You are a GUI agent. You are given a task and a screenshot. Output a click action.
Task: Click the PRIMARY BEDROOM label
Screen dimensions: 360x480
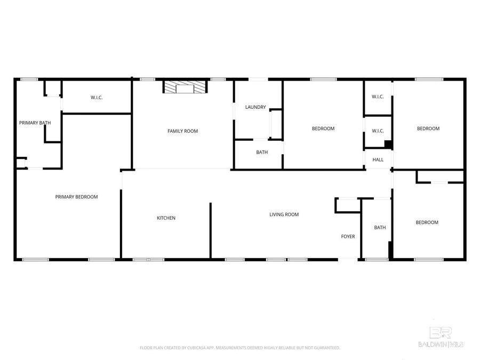click(x=76, y=197)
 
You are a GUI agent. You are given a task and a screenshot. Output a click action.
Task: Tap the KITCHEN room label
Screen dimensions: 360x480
click(x=166, y=218)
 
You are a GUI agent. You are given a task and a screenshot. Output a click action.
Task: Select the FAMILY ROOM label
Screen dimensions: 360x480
click(x=182, y=131)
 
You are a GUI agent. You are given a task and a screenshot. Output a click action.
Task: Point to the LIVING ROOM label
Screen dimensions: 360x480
click(x=284, y=214)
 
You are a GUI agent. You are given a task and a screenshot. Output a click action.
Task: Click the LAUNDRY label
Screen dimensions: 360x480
click(x=255, y=107)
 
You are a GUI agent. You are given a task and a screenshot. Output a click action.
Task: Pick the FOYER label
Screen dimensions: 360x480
click(x=348, y=236)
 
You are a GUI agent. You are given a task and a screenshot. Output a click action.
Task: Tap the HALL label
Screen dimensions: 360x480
click(x=378, y=159)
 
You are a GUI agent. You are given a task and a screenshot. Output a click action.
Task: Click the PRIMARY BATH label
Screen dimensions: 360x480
click(x=35, y=123)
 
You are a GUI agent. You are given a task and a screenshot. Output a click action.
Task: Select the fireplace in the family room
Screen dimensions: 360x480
click(x=185, y=87)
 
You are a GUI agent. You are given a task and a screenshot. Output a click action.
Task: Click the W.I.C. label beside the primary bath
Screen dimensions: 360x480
click(x=97, y=98)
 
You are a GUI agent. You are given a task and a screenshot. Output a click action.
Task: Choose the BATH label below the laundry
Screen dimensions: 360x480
click(x=262, y=152)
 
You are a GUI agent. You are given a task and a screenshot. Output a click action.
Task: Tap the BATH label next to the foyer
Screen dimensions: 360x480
click(x=380, y=227)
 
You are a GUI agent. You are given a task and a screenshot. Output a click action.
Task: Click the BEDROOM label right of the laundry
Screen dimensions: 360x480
click(x=323, y=129)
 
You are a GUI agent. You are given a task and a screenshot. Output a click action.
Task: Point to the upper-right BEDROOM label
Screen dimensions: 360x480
click(x=428, y=129)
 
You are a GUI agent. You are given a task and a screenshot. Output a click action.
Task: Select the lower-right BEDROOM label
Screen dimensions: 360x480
click(x=427, y=222)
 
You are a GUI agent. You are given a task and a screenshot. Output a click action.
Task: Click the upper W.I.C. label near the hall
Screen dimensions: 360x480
click(x=378, y=97)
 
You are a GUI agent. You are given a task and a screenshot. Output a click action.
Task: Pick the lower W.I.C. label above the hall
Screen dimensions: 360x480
click(x=378, y=131)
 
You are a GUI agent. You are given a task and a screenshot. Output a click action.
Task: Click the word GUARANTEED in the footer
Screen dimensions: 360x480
click(x=326, y=348)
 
